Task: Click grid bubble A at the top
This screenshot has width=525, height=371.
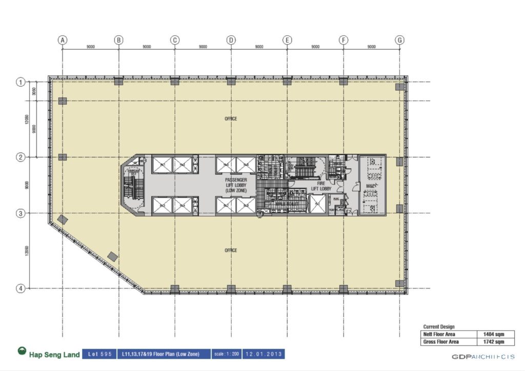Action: pos(63,39)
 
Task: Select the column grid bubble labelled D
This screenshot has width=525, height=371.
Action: pos(231,39)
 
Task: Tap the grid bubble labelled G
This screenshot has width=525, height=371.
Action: pos(400,39)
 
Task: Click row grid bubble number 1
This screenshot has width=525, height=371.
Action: pos(21,81)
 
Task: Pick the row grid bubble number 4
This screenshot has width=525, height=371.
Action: pos(21,288)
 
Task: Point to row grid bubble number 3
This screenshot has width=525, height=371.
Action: pos(21,213)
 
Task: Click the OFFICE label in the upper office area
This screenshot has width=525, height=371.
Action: pos(231,119)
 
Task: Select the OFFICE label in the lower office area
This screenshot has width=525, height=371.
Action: pos(231,250)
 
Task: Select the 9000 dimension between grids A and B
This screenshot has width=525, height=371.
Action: pos(91,47)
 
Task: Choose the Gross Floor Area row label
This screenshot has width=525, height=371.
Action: pos(441,341)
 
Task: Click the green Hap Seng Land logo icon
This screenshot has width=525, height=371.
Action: pos(22,352)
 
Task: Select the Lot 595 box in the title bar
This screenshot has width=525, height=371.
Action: pos(99,354)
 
